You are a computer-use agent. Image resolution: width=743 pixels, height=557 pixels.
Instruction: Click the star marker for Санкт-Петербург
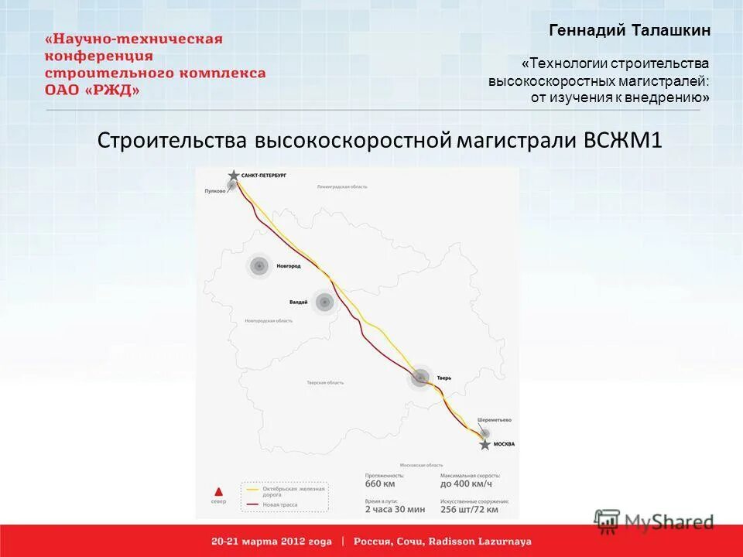[233, 176]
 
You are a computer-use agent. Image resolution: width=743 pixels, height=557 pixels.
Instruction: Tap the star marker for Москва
[484, 444]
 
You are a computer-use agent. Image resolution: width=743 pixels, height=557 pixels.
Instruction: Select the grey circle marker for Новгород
[259, 266]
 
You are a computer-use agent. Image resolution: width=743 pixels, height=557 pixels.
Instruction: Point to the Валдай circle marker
[325, 302]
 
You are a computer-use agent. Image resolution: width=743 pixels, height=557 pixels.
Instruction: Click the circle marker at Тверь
[420, 378]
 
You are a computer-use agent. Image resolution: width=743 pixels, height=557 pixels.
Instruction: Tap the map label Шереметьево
[495, 420]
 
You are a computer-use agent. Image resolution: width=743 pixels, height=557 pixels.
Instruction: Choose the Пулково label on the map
[214, 190]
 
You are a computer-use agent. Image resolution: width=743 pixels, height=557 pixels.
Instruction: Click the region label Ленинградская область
[342, 186]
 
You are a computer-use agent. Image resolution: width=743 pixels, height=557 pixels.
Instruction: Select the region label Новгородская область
[269, 320]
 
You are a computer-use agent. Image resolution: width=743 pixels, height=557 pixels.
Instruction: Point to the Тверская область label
[325, 383]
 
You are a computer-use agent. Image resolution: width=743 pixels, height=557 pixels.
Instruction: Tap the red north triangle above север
[219, 491]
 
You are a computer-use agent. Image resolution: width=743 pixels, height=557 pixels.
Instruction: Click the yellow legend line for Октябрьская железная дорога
[252, 489]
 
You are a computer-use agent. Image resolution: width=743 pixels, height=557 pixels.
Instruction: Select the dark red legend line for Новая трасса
[252, 504]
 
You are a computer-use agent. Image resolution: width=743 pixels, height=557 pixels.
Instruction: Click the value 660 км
[380, 485]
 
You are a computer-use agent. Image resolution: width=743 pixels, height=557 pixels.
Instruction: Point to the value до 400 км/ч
[466, 485]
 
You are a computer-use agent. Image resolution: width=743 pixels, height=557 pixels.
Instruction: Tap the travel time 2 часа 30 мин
[395, 510]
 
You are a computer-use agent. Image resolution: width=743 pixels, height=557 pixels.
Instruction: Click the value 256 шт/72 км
[469, 510]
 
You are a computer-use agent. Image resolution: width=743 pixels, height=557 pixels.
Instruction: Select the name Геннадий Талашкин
[629, 31]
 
